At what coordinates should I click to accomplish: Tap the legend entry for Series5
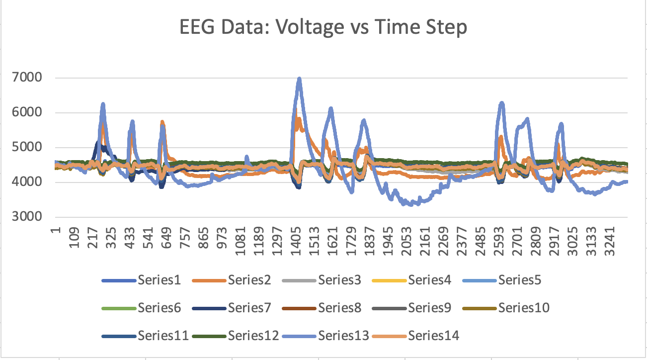(520, 280)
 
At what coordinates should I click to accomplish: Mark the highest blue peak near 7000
(299, 79)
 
